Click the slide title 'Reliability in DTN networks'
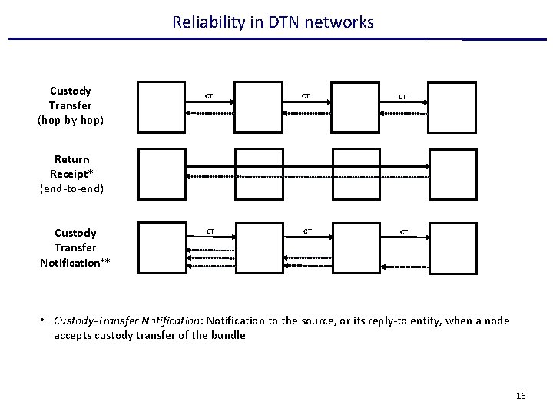[273, 22]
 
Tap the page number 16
[522, 396]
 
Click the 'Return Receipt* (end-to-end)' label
[71, 174]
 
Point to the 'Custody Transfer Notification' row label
[75, 247]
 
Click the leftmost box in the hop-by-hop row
[161, 105]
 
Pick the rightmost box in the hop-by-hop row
[452, 105]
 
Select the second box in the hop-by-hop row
[259, 105]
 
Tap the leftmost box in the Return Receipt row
[161, 174]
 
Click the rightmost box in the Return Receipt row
[452, 174]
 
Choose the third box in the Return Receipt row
[356, 174]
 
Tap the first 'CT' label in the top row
[208, 96]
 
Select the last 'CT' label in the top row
[402, 97]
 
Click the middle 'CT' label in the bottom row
[306, 231]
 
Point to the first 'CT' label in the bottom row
[208, 231]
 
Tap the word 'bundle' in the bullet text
[227, 335]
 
